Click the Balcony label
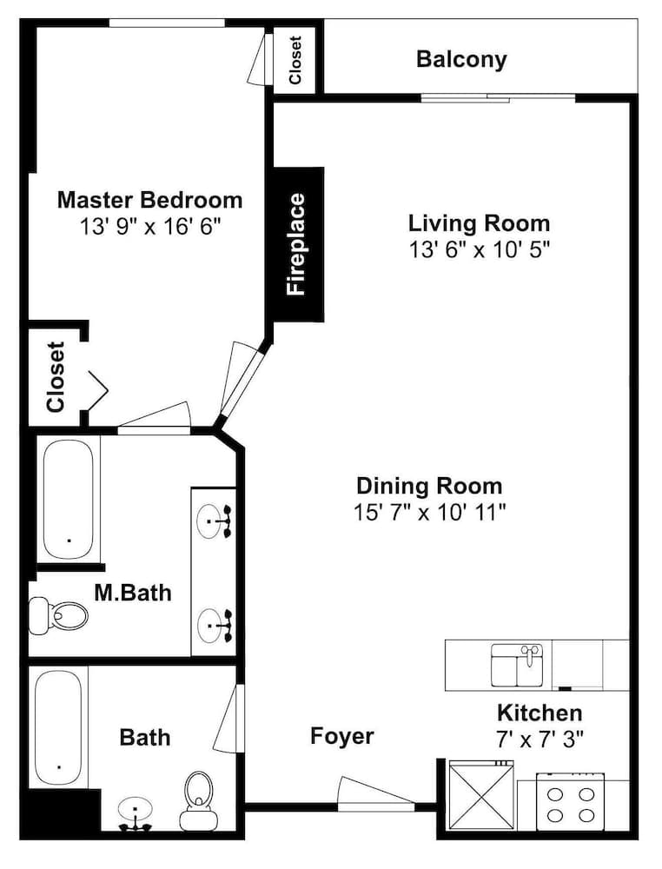click(x=461, y=59)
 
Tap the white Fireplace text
click(x=296, y=244)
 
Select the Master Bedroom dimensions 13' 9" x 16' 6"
click(x=150, y=227)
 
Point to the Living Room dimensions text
click(x=480, y=250)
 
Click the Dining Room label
click(x=429, y=486)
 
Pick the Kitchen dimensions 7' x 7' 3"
click(x=540, y=739)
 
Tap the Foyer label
click(x=341, y=737)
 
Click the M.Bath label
click(x=133, y=593)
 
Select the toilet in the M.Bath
click(x=58, y=615)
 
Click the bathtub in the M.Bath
click(x=68, y=500)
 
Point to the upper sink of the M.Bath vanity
click(x=215, y=521)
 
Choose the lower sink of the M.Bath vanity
click(x=215, y=626)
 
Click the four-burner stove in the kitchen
click(x=570, y=801)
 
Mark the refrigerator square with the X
click(x=481, y=796)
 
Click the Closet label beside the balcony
click(x=295, y=61)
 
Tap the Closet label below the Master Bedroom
click(x=56, y=377)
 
